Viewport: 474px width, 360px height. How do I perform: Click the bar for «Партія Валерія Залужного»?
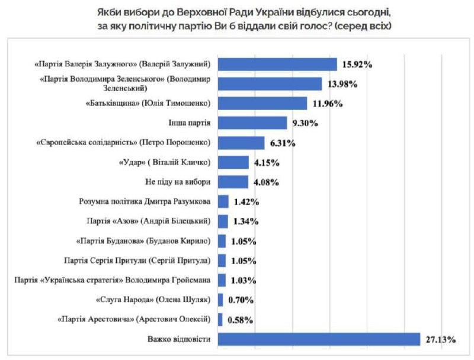277,64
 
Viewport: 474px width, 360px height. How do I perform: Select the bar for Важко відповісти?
319,339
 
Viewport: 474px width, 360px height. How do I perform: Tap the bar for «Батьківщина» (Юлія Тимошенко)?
262,104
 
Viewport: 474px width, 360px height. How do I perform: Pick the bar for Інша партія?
250,123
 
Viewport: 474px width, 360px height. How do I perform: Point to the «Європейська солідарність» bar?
241,143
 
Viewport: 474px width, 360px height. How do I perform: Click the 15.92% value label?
357,65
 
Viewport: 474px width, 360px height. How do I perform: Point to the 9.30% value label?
305,124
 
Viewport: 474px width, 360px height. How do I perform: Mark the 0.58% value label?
239,320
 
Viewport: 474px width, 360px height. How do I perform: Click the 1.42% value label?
245,202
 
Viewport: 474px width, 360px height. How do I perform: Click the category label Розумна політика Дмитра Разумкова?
145,201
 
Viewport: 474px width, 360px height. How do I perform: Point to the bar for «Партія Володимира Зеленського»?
270,84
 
